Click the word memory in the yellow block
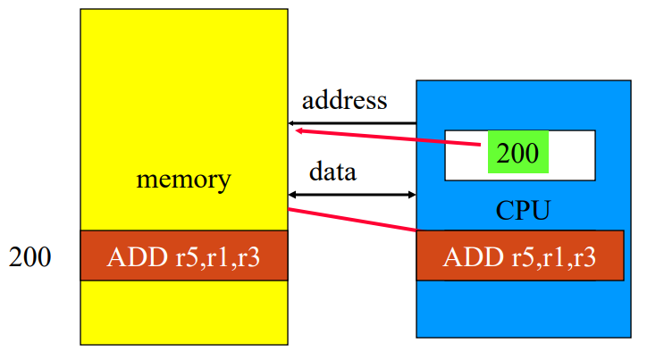coord(183,180)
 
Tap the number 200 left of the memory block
coord(30,258)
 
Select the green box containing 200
coord(518,154)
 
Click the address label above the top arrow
coord(344,99)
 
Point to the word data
coord(332,171)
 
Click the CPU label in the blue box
coord(523,212)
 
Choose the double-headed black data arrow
coord(353,194)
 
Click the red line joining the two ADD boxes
coord(353,220)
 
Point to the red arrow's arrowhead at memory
coord(300,130)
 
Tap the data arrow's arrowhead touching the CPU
coord(411,194)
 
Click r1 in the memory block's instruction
coord(212,257)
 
